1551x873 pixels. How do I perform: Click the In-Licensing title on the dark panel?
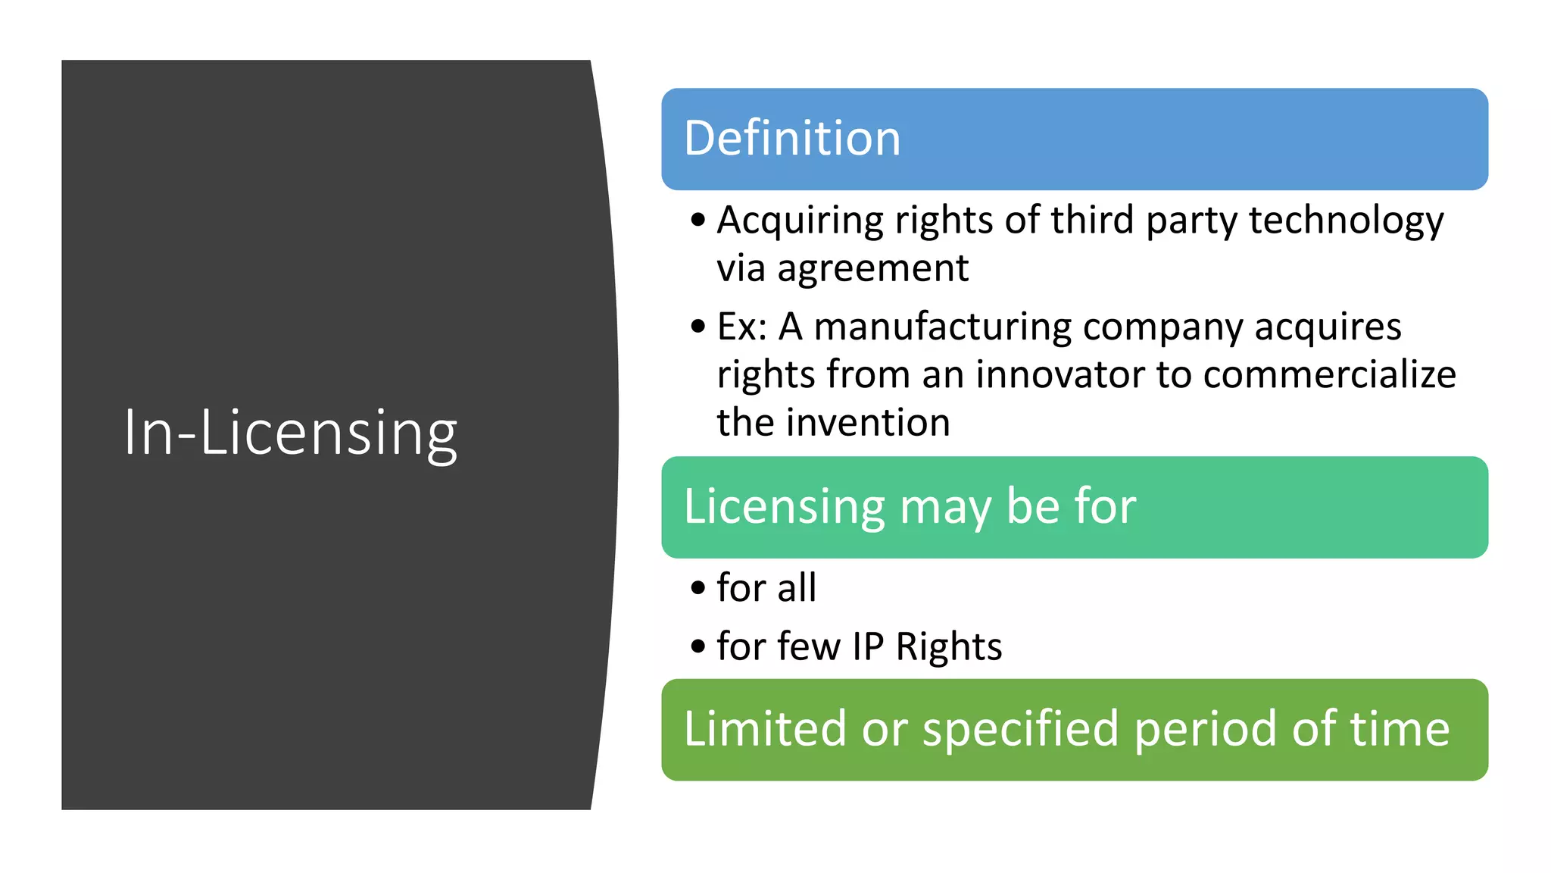pyautogui.click(x=290, y=432)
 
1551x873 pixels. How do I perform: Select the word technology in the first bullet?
pyautogui.click(x=1346, y=221)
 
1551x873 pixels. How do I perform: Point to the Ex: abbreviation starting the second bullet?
pyautogui.click(x=742, y=327)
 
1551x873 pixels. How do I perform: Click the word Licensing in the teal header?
pyautogui.click(x=784, y=506)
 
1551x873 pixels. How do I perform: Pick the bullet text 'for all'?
pyautogui.click(x=766, y=588)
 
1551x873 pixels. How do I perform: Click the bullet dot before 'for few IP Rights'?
pyautogui.click(x=698, y=647)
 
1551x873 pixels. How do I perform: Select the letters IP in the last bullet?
pyautogui.click(x=868, y=647)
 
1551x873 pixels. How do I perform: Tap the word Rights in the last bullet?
pyautogui.click(x=949, y=647)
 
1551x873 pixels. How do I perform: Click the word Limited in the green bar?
pyautogui.click(x=764, y=729)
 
